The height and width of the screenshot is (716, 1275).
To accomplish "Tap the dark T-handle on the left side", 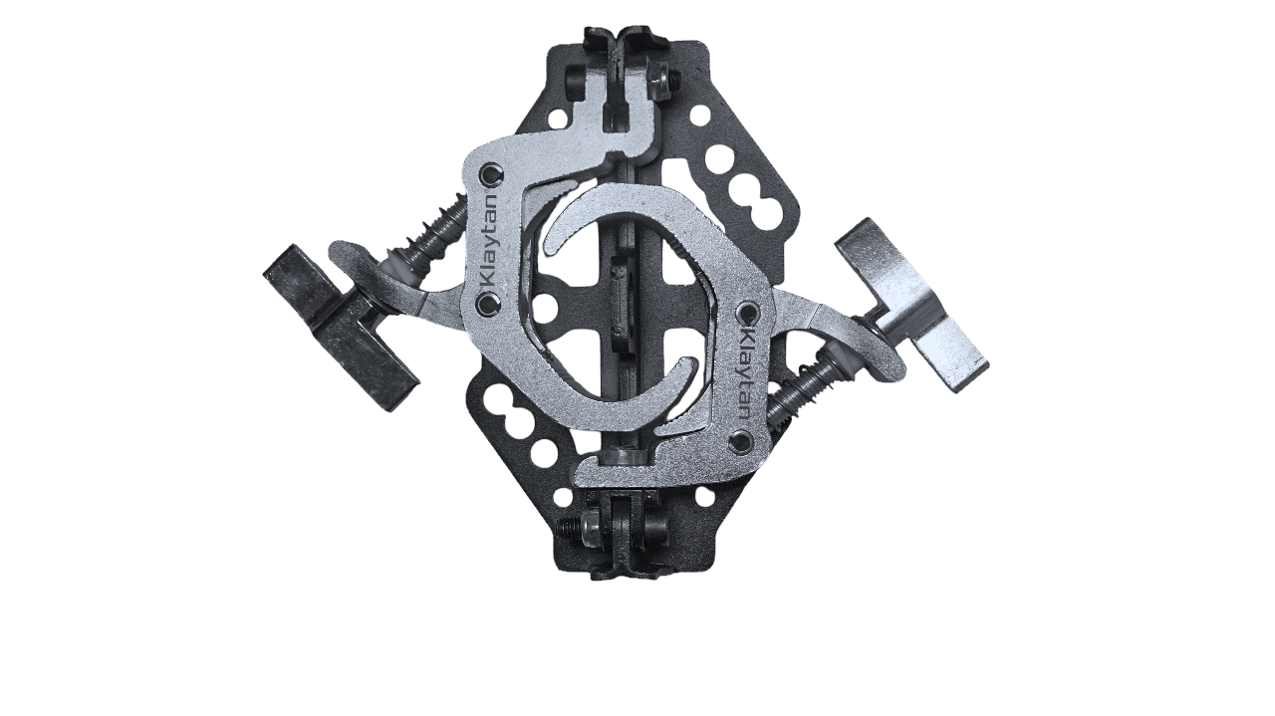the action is click(x=341, y=329).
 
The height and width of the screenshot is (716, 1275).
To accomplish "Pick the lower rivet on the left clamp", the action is click(x=489, y=305).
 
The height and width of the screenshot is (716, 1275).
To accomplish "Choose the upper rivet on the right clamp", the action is click(x=748, y=313).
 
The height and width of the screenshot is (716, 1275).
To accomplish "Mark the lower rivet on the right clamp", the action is click(x=742, y=442).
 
